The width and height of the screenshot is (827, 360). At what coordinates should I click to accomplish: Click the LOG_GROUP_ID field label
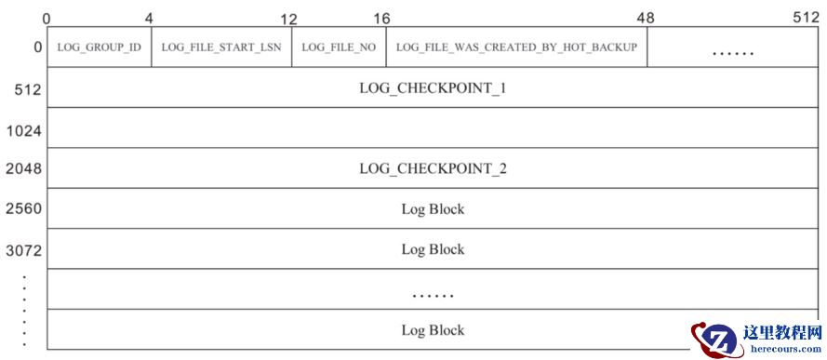[99, 47]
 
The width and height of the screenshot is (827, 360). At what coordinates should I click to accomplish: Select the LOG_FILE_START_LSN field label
[220, 47]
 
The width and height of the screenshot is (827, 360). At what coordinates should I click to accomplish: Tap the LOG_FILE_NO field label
[339, 47]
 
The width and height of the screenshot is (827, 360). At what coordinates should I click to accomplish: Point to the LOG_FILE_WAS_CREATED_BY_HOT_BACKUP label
[516, 47]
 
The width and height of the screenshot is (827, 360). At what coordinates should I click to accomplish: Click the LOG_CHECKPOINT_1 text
[432, 89]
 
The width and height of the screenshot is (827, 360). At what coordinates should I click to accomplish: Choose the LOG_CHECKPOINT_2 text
[432, 169]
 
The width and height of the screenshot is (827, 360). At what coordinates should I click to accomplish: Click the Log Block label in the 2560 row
[433, 209]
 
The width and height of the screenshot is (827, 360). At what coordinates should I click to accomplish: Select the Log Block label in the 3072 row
[433, 249]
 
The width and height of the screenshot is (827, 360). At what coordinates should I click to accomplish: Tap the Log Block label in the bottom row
[433, 330]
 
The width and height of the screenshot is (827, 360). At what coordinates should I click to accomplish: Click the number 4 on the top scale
[149, 19]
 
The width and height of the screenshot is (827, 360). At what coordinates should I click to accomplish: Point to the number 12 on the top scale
[288, 19]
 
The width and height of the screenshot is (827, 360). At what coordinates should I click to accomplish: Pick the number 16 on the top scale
[381, 19]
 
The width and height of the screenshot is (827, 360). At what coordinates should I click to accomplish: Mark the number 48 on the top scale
[646, 19]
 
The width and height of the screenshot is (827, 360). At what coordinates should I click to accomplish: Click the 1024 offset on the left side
[23, 131]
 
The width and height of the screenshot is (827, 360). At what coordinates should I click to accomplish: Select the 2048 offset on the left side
[23, 170]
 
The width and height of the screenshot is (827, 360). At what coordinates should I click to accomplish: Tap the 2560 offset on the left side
[23, 210]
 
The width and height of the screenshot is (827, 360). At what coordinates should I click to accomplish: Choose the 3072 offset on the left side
[23, 250]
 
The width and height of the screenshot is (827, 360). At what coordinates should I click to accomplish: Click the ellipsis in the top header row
[732, 53]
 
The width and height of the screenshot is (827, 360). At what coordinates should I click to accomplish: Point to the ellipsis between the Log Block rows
[433, 296]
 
